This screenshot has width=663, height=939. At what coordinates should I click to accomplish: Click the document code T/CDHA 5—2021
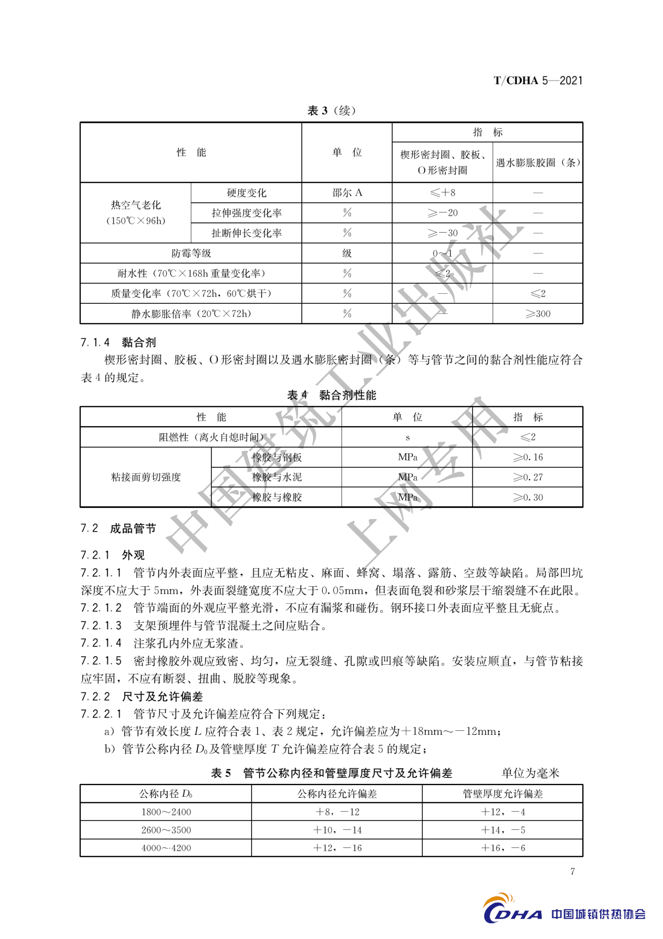(x=538, y=80)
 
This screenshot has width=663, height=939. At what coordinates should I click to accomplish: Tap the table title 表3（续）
(x=331, y=110)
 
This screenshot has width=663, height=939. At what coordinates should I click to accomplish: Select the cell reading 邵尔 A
(x=347, y=193)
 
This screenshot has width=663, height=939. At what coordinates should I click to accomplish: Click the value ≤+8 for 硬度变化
(x=442, y=193)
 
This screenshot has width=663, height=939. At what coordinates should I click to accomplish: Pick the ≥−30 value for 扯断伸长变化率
(x=442, y=233)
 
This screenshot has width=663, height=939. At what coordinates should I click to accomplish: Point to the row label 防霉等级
(x=191, y=253)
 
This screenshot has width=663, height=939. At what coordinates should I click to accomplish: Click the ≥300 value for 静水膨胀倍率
(x=538, y=314)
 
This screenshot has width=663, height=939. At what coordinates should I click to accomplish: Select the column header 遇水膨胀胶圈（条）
(x=538, y=163)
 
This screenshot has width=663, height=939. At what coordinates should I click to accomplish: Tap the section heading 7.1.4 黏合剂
(x=118, y=343)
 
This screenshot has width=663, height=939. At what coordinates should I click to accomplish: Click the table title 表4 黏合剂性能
(x=331, y=395)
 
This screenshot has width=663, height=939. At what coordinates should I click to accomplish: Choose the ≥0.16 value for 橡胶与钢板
(x=528, y=457)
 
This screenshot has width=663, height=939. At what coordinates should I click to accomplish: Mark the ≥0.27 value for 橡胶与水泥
(x=528, y=477)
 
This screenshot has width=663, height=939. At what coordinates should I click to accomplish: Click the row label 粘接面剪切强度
(x=146, y=477)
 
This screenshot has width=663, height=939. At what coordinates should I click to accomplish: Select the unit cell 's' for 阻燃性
(x=407, y=438)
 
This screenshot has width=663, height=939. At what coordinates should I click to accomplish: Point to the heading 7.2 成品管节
(x=118, y=529)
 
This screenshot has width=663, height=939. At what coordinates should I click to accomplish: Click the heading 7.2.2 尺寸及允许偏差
(x=142, y=696)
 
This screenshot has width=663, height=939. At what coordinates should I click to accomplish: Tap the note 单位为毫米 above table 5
(x=530, y=773)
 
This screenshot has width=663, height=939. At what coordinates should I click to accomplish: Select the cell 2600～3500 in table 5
(x=166, y=830)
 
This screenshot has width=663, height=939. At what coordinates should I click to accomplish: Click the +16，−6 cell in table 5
(x=502, y=848)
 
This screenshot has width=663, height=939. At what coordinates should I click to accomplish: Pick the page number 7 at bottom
(x=572, y=872)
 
